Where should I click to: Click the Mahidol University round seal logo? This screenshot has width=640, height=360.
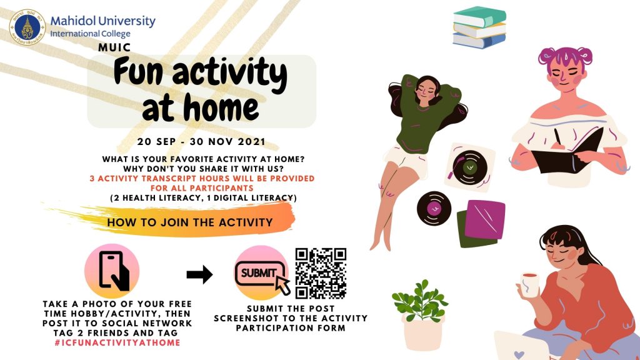[x=27, y=27]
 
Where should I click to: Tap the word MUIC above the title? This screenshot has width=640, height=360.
[x=114, y=47]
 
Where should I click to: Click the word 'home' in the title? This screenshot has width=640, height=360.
[x=221, y=107]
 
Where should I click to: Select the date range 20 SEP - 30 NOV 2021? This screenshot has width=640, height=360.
[x=201, y=142]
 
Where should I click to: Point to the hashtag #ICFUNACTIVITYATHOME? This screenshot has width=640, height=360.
[x=117, y=342]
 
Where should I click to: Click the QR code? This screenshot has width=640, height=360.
[x=321, y=274]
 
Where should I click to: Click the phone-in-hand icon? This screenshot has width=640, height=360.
[x=112, y=271]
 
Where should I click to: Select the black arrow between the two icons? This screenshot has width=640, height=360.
[x=199, y=274]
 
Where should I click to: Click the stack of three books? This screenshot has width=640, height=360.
[x=479, y=27]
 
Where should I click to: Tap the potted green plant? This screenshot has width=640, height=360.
[x=421, y=315]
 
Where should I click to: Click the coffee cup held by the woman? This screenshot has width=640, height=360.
[x=529, y=284]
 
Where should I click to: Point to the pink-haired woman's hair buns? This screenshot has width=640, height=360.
[x=565, y=56]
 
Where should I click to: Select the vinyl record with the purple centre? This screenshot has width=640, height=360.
[x=434, y=208]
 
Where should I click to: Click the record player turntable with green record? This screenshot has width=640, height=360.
[x=469, y=167]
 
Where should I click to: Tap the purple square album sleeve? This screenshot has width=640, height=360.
[x=485, y=219]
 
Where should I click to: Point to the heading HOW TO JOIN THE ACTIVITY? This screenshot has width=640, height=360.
[x=190, y=222]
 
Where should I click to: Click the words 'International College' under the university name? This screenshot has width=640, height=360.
[x=90, y=34]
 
